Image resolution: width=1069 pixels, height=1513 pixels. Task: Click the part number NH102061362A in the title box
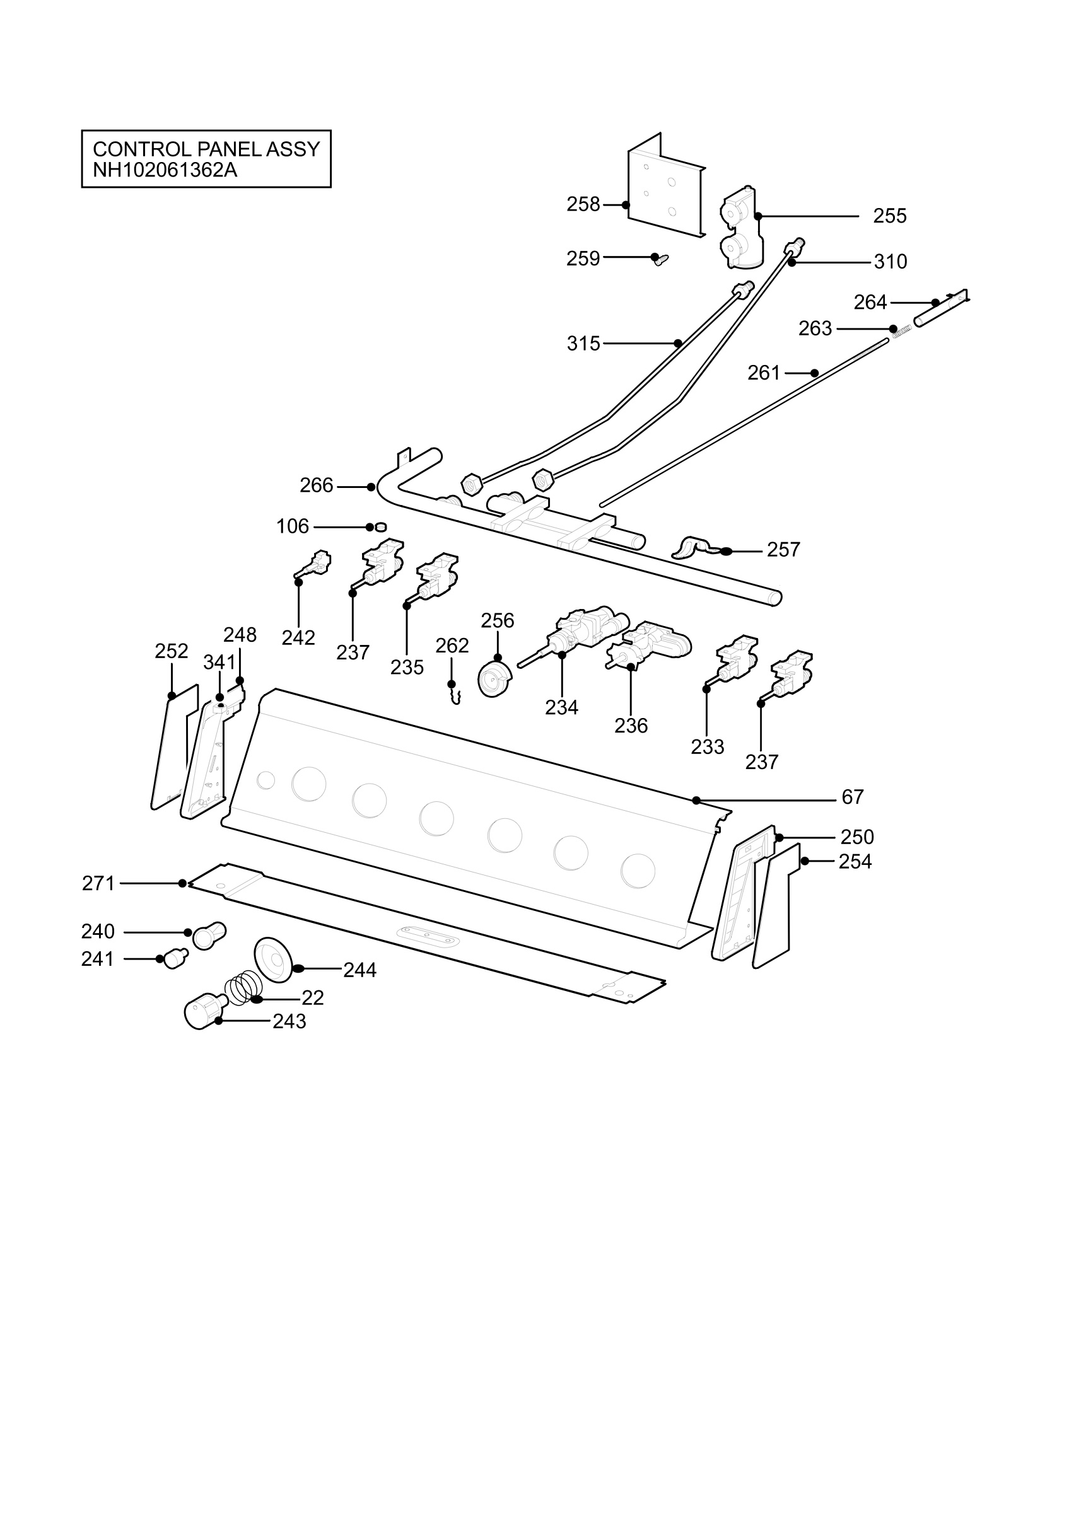point(165,170)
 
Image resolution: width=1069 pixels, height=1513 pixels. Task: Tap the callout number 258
point(583,204)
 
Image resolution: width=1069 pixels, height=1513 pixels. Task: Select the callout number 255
point(890,216)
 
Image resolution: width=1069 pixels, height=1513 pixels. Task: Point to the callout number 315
point(583,344)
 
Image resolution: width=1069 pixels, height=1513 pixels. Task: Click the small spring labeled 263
point(903,332)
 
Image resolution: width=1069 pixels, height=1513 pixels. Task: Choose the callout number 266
point(317,485)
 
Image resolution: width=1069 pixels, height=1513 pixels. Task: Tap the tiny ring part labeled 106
point(380,526)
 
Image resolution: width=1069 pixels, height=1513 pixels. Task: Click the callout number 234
point(561,707)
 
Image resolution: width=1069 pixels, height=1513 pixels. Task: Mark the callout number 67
point(852,797)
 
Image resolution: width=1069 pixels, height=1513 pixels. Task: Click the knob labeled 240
point(209,935)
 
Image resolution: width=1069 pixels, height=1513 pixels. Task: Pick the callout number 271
point(98,883)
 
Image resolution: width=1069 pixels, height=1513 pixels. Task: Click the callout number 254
point(855,861)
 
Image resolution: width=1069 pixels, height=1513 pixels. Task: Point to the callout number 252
point(172,651)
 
